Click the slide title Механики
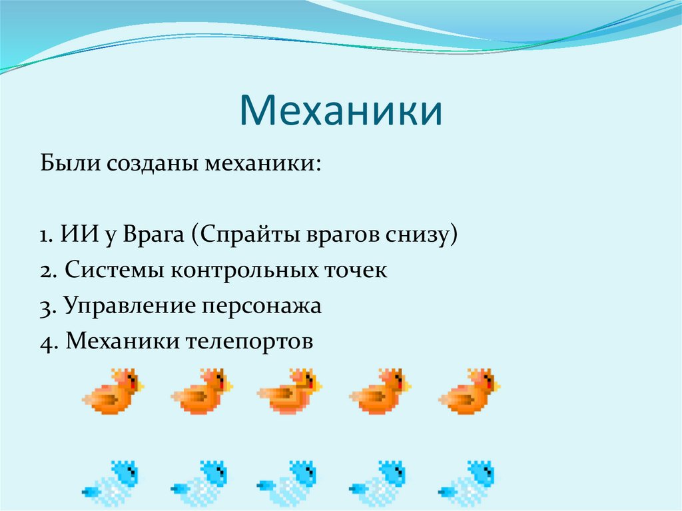[x=340, y=110]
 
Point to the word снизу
[x=419, y=235]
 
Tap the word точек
[x=354, y=271]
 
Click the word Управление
[x=128, y=306]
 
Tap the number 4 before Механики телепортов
[x=45, y=342]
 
